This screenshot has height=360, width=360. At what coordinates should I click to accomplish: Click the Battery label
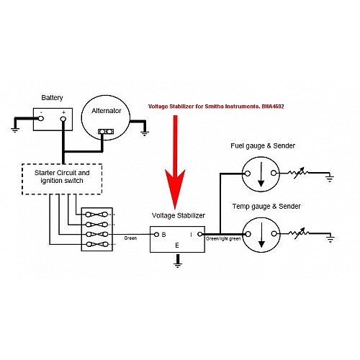tap(52, 98)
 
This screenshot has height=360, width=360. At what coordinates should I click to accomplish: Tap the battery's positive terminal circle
tap(63, 119)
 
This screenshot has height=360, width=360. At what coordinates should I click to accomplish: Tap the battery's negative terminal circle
tap(41, 118)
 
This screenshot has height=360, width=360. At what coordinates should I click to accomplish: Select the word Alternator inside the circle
tap(107, 111)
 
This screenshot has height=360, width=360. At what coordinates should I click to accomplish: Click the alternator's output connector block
tap(106, 132)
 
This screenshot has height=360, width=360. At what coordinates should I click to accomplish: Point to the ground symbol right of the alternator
tap(144, 133)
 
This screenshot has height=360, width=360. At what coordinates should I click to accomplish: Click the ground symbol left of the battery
tap(15, 130)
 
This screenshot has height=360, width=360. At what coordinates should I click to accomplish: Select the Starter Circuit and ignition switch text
tap(62, 176)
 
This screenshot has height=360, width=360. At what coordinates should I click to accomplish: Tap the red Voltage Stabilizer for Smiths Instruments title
tap(216, 107)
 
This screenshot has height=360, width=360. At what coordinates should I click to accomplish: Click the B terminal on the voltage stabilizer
tap(156, 235)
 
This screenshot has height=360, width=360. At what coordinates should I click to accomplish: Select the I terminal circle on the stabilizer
tap(200, 234)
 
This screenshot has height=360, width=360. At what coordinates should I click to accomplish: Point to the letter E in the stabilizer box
tap(177, 246)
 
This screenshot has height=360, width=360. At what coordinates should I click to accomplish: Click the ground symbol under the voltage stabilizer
tap(178, 264)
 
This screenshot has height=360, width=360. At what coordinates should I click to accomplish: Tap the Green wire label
tap(130, 238)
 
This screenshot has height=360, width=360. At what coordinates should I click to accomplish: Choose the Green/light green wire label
tap(223, 239)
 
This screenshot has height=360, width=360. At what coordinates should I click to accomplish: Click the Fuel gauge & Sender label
tap(263, 145)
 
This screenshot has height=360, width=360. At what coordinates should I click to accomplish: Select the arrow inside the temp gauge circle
tap(262, 235)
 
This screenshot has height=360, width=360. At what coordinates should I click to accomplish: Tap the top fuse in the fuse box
tap(97, 215)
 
